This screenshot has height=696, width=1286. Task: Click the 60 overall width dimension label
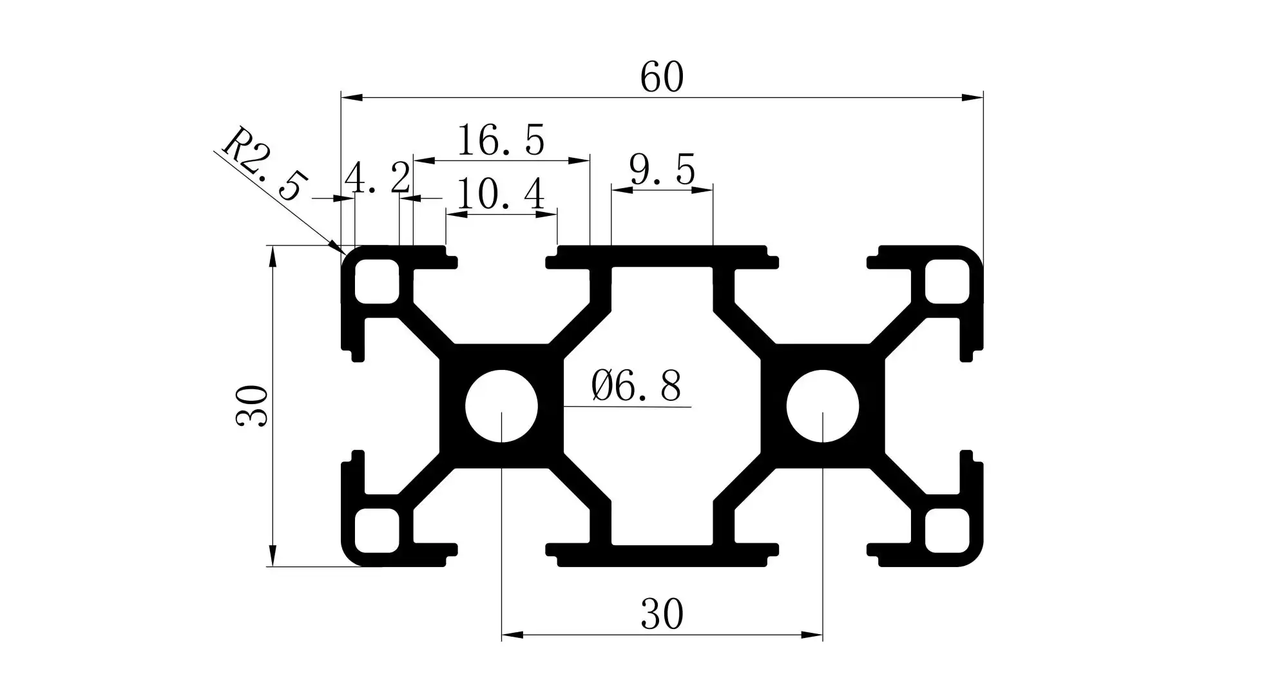pyautogui.click(x=662, y=77)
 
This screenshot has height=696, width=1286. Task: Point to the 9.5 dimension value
pyautogui.click(x=662, y=171)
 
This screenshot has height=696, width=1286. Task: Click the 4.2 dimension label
pyautogui.click(x=378, y=178)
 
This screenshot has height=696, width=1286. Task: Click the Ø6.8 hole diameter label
pyautogui.click(x=636, y=387)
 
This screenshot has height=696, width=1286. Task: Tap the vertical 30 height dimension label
pyautogui.click(x=252, y=405)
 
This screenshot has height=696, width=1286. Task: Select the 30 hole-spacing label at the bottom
pyautogui.click(x=662, y=614)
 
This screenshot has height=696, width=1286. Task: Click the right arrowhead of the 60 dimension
pyautogui.click(x=974, y=98)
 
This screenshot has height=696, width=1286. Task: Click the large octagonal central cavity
pyautogui.click(x=662, y=406)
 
